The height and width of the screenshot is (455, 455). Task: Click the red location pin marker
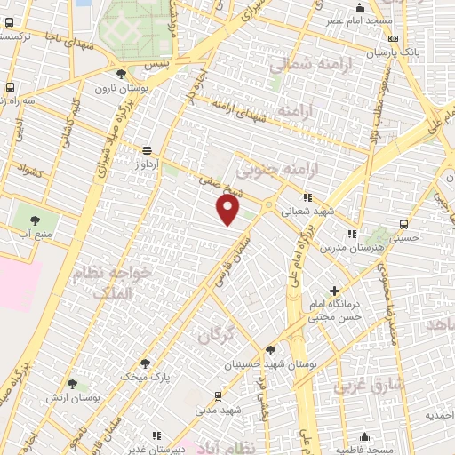coord(229,210)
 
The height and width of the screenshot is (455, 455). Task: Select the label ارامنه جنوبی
coord(270,167)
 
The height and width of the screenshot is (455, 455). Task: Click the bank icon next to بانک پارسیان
coord(393,39)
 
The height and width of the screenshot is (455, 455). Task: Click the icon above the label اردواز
coord(145,150)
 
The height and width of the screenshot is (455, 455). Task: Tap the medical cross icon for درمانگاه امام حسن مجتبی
coord(334,291)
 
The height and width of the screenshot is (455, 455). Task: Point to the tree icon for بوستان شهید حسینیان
coord(269,350)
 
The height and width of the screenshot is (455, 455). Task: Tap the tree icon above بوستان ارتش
coord(72,385)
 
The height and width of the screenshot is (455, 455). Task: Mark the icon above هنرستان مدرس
coord(353,234)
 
